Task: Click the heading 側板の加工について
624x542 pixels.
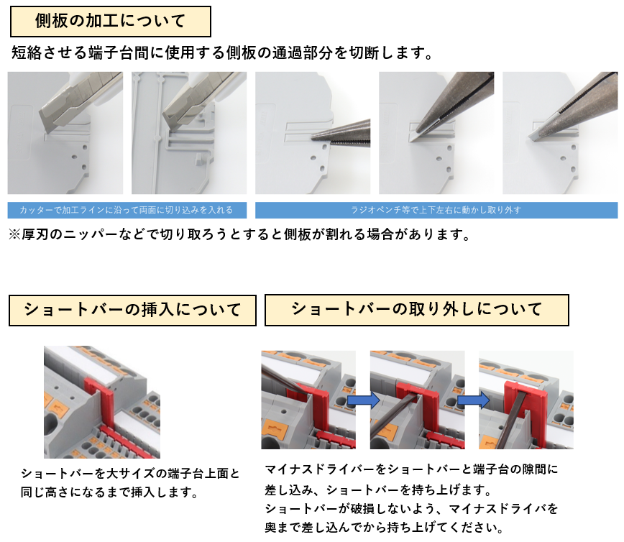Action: (110, 21)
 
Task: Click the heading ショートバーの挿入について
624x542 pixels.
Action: (132, 310)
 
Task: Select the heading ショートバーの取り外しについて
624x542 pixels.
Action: (417, 309)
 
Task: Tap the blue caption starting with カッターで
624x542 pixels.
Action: (127, 210)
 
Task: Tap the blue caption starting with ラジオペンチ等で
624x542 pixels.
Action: (436, 210)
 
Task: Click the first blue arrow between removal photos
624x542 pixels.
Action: (363, 400)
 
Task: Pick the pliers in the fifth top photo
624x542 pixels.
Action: (573, 105)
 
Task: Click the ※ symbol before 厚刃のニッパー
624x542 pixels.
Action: (14, 234)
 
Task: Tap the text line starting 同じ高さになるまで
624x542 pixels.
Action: (110, 492)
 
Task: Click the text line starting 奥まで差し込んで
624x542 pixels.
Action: (384, 528)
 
